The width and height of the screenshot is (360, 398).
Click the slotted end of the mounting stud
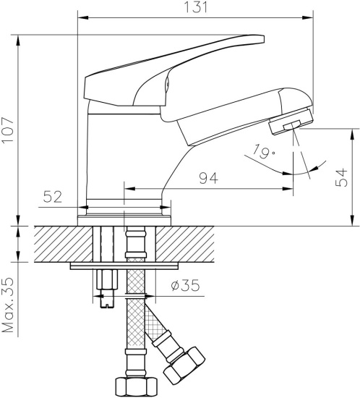[107, 302]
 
